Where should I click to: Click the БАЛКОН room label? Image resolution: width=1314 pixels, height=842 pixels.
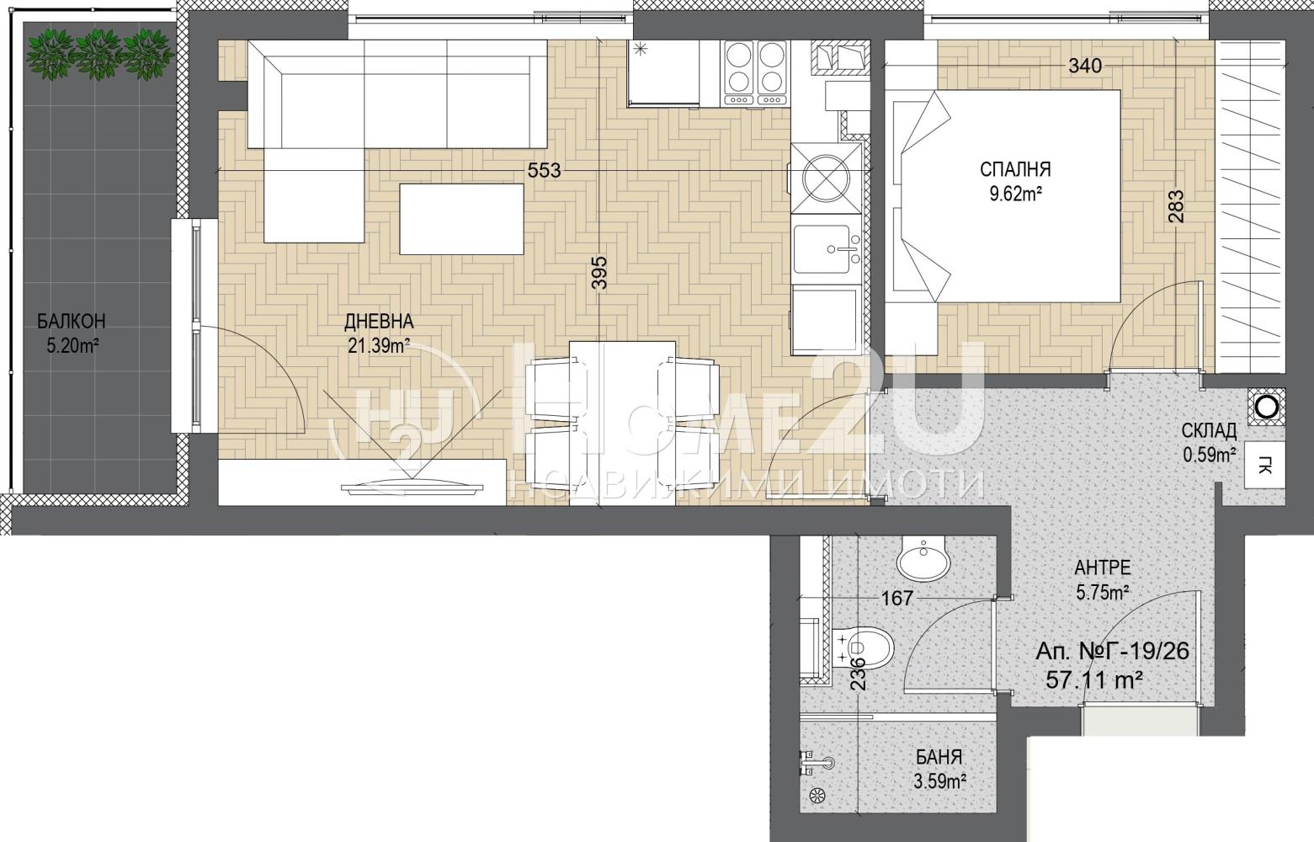point(72,322)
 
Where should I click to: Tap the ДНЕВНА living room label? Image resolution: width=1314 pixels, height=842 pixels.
point(379,322)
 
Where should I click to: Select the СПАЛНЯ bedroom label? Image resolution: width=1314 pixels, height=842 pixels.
point(1015,170)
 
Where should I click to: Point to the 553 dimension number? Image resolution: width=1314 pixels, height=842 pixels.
point(545,171)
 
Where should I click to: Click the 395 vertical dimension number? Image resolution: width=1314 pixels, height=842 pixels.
point(599,273)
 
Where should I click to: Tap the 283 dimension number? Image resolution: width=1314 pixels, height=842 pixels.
point(1176,206)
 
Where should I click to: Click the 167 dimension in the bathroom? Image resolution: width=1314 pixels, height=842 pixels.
point(898,598)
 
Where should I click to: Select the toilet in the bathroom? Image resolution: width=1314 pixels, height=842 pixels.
point(862,647)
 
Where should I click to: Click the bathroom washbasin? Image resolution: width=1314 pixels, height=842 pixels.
point(923,560)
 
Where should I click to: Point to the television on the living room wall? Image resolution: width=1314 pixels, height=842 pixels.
point(413,484)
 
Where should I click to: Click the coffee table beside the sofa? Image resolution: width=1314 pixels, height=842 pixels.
point(461,219)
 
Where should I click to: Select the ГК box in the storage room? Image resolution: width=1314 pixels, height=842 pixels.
point(1265,466)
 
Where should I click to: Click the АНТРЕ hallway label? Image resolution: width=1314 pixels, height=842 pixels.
point(1103,568)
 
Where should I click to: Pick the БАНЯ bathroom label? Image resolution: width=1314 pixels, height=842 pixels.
point(939,757)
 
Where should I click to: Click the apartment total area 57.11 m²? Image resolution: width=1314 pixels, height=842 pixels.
point(1094,680)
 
